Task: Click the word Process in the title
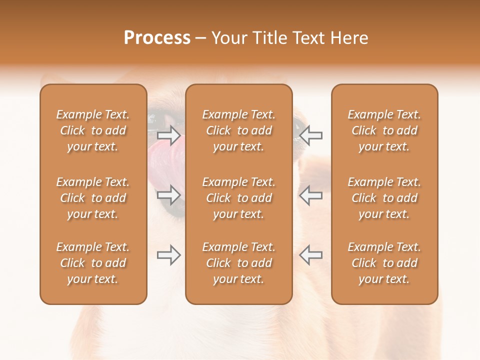point(157,38)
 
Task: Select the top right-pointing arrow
point(168,135)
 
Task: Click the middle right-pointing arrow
point(168,195)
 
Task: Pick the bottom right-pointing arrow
point(168,255)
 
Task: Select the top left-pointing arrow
point(310,135)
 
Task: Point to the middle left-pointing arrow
point(310,195)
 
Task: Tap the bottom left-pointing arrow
point(310,255)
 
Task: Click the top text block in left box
point(93,130)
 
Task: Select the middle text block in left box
point(93,198)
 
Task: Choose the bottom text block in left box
point(93,263)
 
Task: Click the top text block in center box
point(238,130)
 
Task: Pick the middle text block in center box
point(238,198)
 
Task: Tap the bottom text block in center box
point(238,263)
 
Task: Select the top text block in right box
point(384,130)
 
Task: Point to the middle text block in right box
point(384,198)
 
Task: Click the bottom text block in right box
point(384,263)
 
